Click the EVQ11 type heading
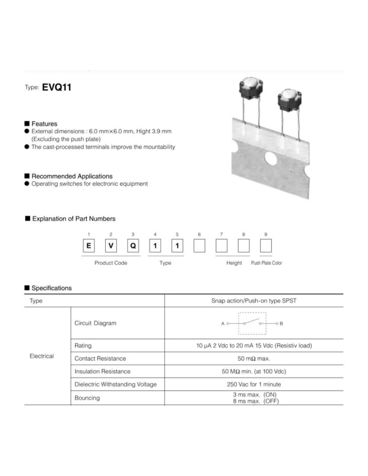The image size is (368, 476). (x=57, y=87)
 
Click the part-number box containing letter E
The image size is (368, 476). (x=89, y=246)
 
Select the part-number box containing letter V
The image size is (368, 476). (x=111, y=246)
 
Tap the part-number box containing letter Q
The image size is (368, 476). (x=133, y=246)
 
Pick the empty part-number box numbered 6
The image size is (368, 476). (x=199, y=246)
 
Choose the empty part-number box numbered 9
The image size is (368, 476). (x=266, y=246)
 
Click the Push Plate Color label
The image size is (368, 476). (x=266, y=263)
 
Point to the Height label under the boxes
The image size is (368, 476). (x=234, y=263)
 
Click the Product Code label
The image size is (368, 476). (x=111, y=263)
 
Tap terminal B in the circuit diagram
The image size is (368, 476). (x=277, y=323)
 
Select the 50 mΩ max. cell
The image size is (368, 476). (x=254, y=359)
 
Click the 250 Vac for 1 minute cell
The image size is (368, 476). (x=254, y=384)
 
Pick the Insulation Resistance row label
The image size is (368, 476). (x=102, y=372)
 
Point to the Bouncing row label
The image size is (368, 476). (x=87, y=398)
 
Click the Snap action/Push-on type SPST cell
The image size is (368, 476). (x=254, y=301)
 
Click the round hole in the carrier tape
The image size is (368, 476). (x=271, y=159)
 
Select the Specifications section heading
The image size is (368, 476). (x=51, y=288)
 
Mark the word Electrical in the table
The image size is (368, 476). (x=42, y=356)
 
